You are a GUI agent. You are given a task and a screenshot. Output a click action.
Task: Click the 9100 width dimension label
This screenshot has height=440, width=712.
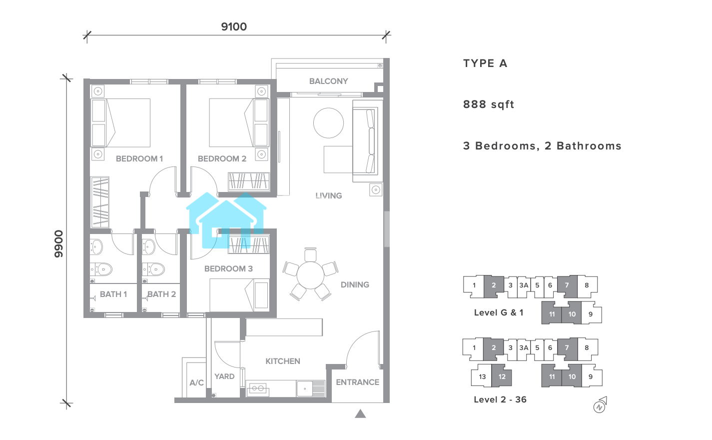[234, 26]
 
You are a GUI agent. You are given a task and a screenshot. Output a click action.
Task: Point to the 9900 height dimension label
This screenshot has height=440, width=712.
[58, 243]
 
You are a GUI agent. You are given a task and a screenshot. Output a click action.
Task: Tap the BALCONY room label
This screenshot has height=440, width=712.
[328, 81]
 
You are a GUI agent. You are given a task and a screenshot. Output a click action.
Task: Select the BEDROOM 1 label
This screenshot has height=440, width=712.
[139, 158]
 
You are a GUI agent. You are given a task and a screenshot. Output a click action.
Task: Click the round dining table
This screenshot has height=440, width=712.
[310, 275]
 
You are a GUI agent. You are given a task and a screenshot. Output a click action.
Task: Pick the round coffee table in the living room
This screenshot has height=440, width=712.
[328, 123]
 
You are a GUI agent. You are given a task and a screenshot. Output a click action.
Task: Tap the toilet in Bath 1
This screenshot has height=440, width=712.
[101, 269]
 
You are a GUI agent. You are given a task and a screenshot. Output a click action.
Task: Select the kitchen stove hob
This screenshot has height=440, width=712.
[257, 388]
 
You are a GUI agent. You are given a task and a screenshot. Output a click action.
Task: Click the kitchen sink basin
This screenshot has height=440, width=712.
[304, 388]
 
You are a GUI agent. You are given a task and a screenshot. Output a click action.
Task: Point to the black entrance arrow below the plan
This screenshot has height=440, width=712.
[360, 413]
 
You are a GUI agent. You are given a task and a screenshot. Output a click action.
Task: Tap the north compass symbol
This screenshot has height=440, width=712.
[600, 405]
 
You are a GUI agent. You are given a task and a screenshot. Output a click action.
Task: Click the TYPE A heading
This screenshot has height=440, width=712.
[485, 63]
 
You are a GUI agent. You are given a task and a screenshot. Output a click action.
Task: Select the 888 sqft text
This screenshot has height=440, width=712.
[489, 104]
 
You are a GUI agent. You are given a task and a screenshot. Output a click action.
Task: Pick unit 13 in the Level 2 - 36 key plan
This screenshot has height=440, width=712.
[482, 376]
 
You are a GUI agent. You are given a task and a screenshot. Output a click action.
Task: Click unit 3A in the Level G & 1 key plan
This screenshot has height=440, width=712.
[524, 285]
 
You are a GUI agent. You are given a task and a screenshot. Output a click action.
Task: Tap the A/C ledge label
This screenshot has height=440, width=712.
[196, 382]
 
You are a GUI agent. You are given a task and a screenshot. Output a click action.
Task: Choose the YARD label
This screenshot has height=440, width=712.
[224, 376]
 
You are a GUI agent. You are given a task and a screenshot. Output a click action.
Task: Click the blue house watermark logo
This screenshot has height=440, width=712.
[226, 220]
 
